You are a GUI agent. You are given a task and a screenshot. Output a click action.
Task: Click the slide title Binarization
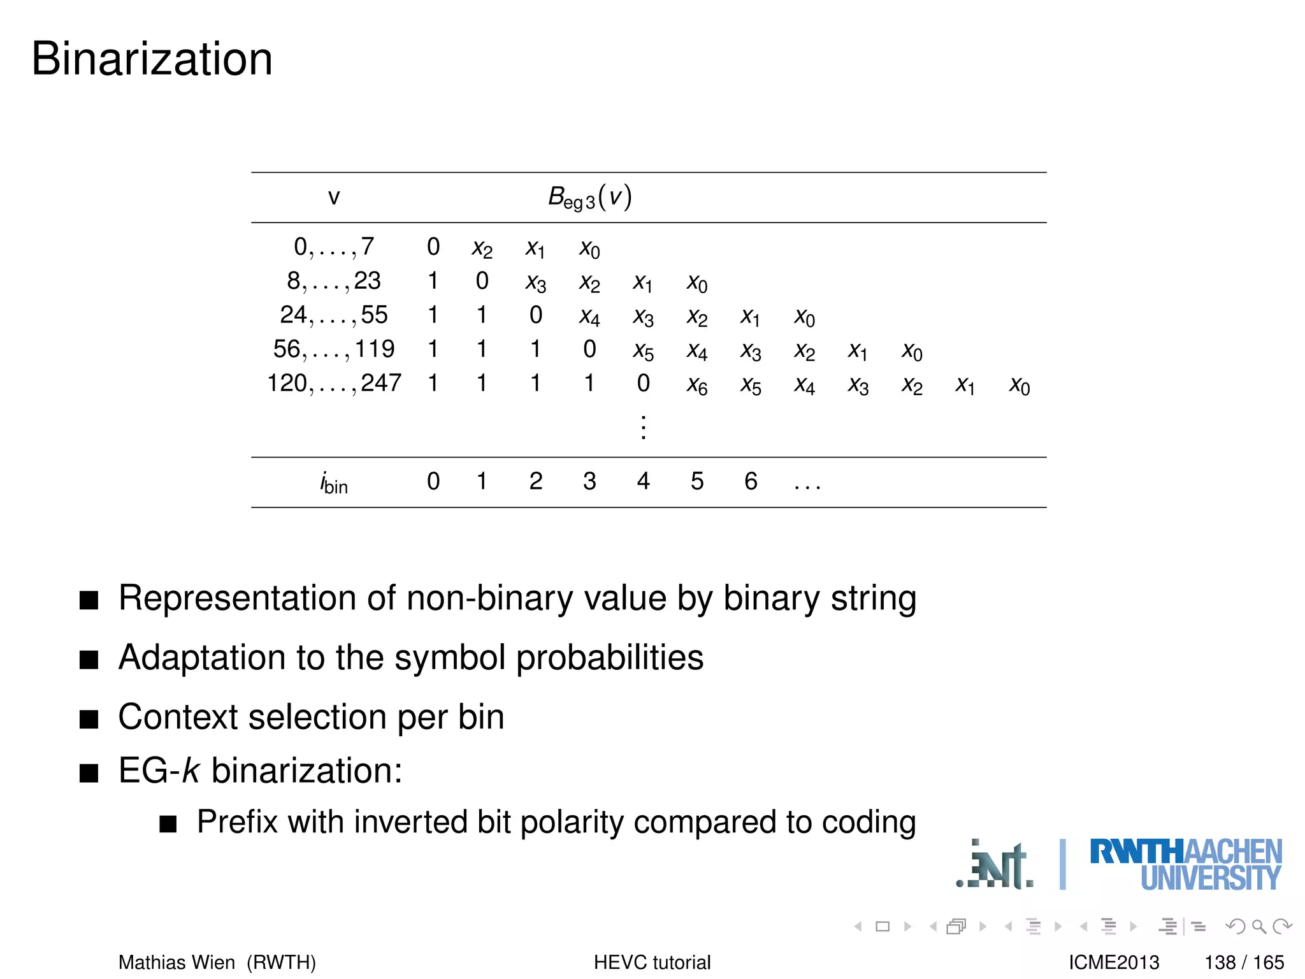152,59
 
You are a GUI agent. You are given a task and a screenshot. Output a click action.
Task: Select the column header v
333,198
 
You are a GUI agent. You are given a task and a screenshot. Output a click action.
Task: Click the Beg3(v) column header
589,198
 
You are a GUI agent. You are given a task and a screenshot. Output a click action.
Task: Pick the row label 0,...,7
333,247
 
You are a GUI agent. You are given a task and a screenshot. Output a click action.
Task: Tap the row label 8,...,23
333,281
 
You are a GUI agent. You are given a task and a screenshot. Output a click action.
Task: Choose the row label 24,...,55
333,315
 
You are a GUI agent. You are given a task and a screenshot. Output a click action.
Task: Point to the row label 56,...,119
333,349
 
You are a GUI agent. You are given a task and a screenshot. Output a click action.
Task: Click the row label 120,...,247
333,383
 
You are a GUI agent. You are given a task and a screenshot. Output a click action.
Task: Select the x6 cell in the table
697,385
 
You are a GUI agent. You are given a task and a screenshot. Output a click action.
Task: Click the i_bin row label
333,482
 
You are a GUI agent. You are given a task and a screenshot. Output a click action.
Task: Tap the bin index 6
751,481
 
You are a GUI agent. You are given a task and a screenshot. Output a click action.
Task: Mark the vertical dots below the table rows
644,427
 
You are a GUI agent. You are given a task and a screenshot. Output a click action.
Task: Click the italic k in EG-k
191,771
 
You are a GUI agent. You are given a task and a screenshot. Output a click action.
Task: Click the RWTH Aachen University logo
1185,864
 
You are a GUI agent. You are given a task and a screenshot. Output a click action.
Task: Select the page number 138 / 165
1244,962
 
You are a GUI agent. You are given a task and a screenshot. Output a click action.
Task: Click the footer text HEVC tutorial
652,962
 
